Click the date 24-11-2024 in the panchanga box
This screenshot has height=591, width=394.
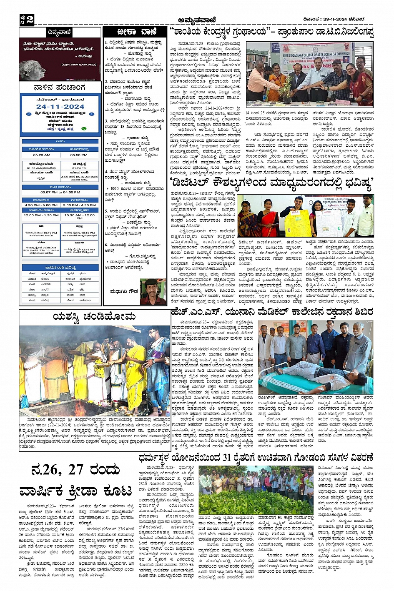pyautogui.click(x=60, y=107)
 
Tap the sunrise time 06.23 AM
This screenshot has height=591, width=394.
pyautogui.click(x=42, y=155)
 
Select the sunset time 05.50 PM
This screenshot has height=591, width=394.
pyautogui.click(x=78, y=155)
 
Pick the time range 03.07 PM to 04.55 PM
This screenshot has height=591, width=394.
pyautogui.click(x=60, y=192)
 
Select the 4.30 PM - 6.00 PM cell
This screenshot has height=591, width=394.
pyautogui.click(x=41, y=205)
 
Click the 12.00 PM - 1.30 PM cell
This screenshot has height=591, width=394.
pyautogui.click(x=41, y=215)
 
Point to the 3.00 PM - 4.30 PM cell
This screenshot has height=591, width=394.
pyautogui.click(x=79, y=205)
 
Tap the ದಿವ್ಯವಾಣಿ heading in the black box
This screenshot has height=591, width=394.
pyautogui.click(x=59, y=32)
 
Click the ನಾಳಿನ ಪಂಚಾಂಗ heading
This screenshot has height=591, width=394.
pyautogui.click(x=60, y=88)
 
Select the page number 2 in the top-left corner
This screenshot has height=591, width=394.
pyautogui.click(x=29, y=19)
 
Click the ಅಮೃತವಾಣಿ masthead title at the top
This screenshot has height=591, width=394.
pyautogui.click(x=197, y=19)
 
